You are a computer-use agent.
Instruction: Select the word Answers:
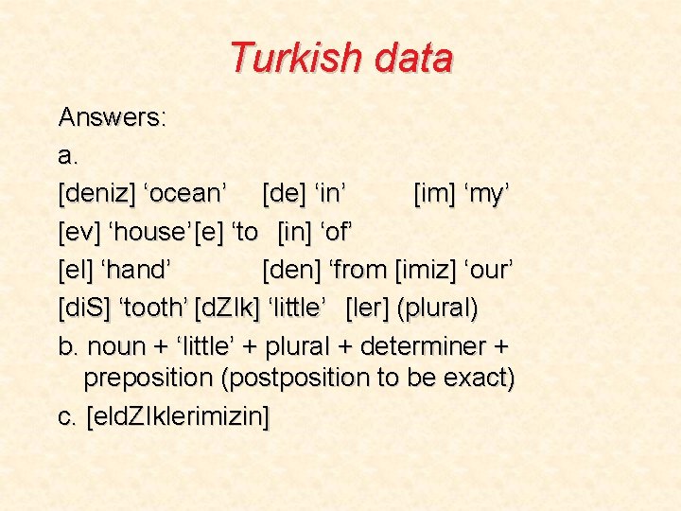click(x=113, y=117)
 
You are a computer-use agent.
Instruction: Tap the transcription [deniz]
click(x=96, y=194)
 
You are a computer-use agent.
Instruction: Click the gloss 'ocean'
click(x=184, y=194)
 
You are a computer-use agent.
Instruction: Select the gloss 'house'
click(x=148, y=232)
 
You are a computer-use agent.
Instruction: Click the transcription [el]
click(x=77, y=271)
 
